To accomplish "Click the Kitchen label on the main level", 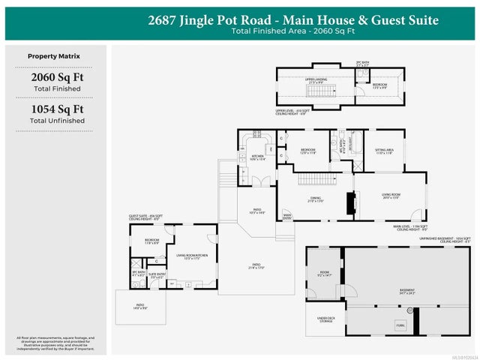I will (257, 157).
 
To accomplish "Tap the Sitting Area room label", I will (384, 151).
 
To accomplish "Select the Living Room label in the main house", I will (391, 198).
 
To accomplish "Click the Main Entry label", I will (286, 218).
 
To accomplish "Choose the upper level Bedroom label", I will (380, 85).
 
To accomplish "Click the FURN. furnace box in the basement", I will (400, 325).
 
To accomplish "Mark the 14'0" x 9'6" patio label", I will (140, 306).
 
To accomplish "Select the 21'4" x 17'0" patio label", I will (256, 265).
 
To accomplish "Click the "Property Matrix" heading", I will (54, 56).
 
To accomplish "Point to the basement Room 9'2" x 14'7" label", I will (324, 274).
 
